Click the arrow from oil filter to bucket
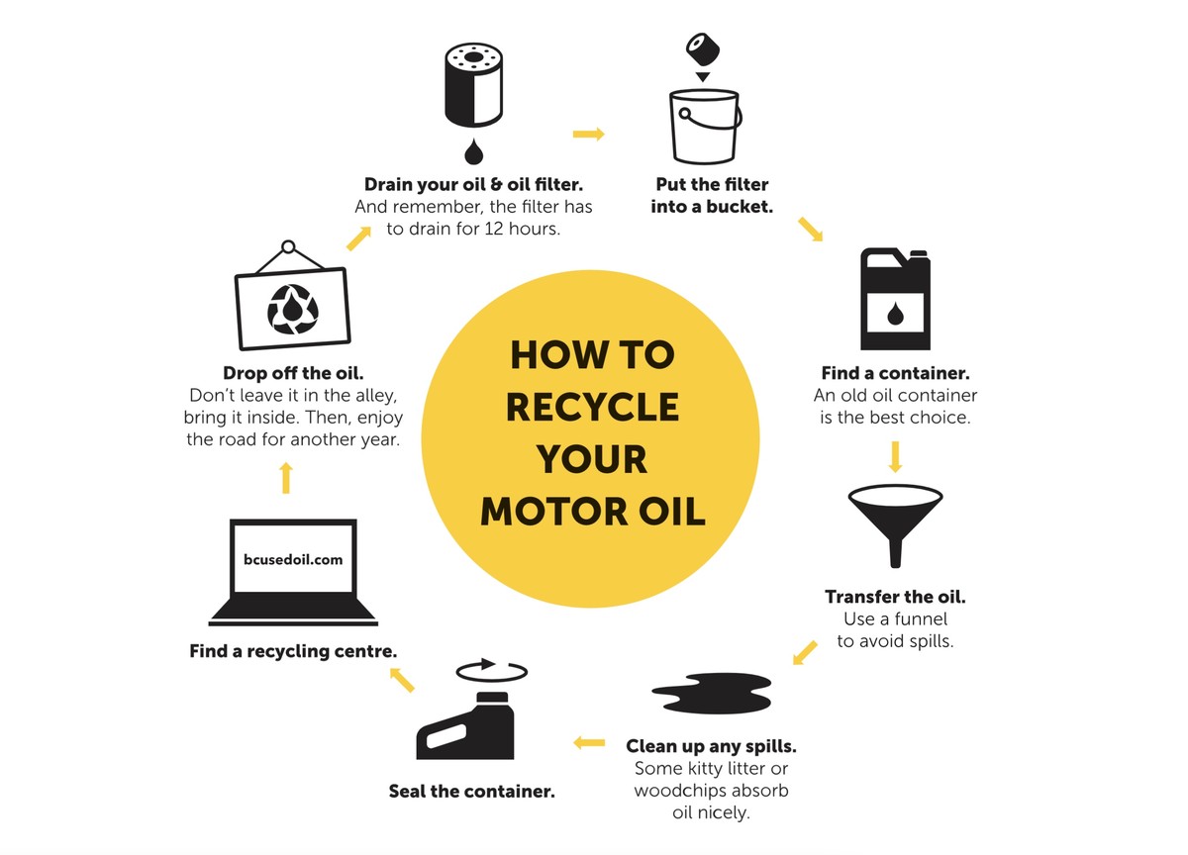pyautogui.click(x=588, y=134)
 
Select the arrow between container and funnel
pyautogui.click(x=895, y=455)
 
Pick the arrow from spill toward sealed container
pyautogui.click(x=589, y=741)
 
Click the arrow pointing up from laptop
pyautogui.click(x=286, y=478)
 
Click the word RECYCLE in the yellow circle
pyautogui.click(x=593, y=407)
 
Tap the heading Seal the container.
pyautogui.click(x=470, y=791)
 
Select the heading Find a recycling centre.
pyautogui.click(x=293, y=651)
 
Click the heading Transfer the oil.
pyautogui.click(x=894, y=597)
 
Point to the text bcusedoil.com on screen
pyautogui.click(x=293, y=559)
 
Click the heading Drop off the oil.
pyautogui.click(x=293, y=373)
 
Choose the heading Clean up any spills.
pyautogui.click(x=711, y=745)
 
